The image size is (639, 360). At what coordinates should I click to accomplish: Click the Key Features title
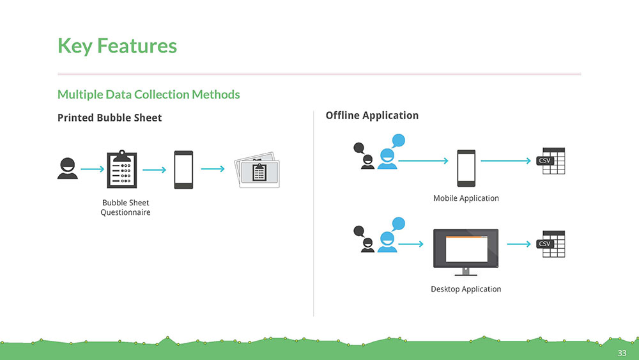tap(117, 45)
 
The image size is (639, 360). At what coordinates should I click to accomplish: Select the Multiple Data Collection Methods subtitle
tap(148, 95)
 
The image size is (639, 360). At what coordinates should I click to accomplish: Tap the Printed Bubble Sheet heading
tap(110, 118)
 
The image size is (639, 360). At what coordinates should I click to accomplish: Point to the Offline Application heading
tap(372, 115)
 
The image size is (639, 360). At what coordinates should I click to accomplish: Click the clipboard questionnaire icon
tap(122, 169)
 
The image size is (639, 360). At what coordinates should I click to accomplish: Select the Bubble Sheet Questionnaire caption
tap(125, 208)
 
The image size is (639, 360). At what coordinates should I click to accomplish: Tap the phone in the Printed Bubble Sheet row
tap(183, 169)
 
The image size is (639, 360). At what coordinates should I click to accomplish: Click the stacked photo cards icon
tap(257, 170)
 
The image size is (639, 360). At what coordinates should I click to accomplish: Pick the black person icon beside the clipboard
tap(68, 168)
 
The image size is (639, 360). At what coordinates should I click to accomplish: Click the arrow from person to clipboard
tap(93, 169)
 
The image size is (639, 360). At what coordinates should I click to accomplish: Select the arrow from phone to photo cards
tap(213, 169)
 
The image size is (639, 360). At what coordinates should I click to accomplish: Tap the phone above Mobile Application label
tap(466, 168)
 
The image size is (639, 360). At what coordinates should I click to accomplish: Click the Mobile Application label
tap(466, 198)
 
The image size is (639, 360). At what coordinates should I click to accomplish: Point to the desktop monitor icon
tap(466, 252)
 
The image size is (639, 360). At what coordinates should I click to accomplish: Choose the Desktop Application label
tap(466, 289)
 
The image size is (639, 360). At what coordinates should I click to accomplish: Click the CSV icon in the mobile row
tap(551, 161)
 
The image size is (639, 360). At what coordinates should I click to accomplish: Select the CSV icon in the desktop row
tap(551, 244)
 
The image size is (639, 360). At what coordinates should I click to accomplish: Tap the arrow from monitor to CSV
tap(519, 244)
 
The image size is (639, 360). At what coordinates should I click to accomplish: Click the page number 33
tap(622, 353)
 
